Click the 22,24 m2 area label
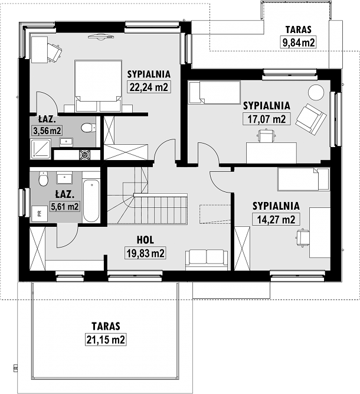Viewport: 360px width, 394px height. [149, 87]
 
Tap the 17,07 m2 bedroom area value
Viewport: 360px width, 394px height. [267, 119]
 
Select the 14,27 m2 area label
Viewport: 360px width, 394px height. [276, 219]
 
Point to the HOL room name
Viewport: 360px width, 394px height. [145, 240]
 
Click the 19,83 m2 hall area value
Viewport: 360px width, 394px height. [145, 253]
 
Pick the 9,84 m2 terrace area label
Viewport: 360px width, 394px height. [299, 42]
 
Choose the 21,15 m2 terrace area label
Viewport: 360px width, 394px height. [106, 340]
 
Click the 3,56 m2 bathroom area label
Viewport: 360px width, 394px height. [47, 131]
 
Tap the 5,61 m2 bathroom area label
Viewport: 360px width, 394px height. [65, 207]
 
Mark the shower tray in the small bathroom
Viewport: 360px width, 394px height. [40, 149]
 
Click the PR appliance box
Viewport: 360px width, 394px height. [40, 213]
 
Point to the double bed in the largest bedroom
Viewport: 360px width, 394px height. [98, 86]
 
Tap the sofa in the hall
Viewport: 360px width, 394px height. [207, 260]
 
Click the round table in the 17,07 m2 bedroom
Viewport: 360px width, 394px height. [316, 93]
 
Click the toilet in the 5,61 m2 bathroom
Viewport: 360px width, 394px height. [43, 178]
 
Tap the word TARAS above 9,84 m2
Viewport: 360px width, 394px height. [298, 30]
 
